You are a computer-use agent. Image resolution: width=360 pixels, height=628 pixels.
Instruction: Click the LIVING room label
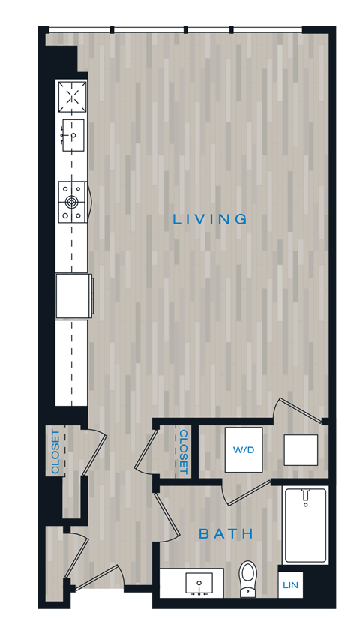coord(210,220)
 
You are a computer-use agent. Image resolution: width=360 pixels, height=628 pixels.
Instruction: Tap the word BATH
coord(226,534)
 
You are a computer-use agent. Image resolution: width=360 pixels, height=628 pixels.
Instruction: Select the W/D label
coord(243,451)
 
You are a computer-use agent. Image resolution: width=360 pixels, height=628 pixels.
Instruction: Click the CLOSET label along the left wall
coord(55,452)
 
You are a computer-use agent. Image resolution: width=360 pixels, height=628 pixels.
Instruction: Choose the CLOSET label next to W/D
coord(183,452)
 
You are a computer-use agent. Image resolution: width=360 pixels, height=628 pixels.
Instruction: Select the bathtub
coord(304,525)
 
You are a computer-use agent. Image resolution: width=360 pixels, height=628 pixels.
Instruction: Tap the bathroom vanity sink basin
coord(199,584)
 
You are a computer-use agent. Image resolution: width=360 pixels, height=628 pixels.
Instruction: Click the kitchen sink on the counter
coord(73,135)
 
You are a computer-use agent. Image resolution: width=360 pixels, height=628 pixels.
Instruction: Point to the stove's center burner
coord(73,201)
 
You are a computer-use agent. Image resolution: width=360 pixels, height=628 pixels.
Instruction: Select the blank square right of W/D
coord(301,449)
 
